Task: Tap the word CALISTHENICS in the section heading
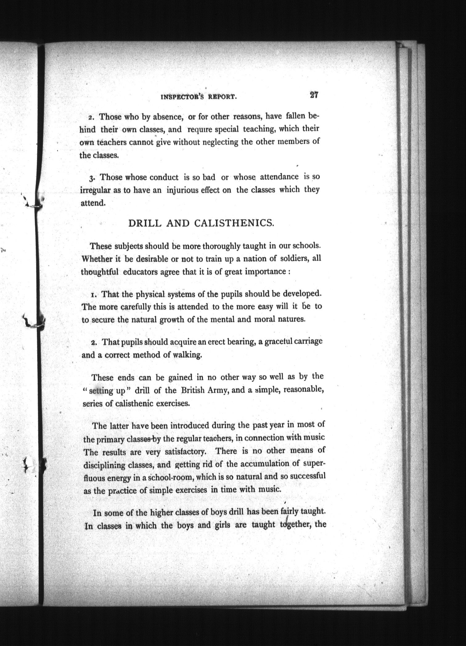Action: pos(234,223)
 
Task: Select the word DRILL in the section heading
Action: pos(145,223)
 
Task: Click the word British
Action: pos(193,390)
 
